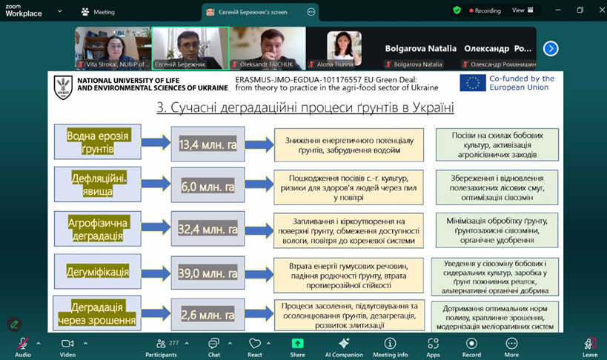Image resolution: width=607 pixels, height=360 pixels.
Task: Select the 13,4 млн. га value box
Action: coord(208,144)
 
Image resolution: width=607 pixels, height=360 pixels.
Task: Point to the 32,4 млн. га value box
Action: coord(208,230)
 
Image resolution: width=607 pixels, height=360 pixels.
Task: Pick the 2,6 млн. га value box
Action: coord(208,315)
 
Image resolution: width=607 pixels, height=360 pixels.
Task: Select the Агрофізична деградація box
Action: coord(98,230)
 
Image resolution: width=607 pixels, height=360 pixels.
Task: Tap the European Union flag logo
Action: coord(473,83)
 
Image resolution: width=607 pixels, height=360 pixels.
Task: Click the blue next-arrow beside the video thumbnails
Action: coord(551,49)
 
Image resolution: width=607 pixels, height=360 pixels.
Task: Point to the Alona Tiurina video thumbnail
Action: coord(344,47)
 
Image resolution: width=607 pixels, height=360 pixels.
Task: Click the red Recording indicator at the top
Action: coord(482,10)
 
